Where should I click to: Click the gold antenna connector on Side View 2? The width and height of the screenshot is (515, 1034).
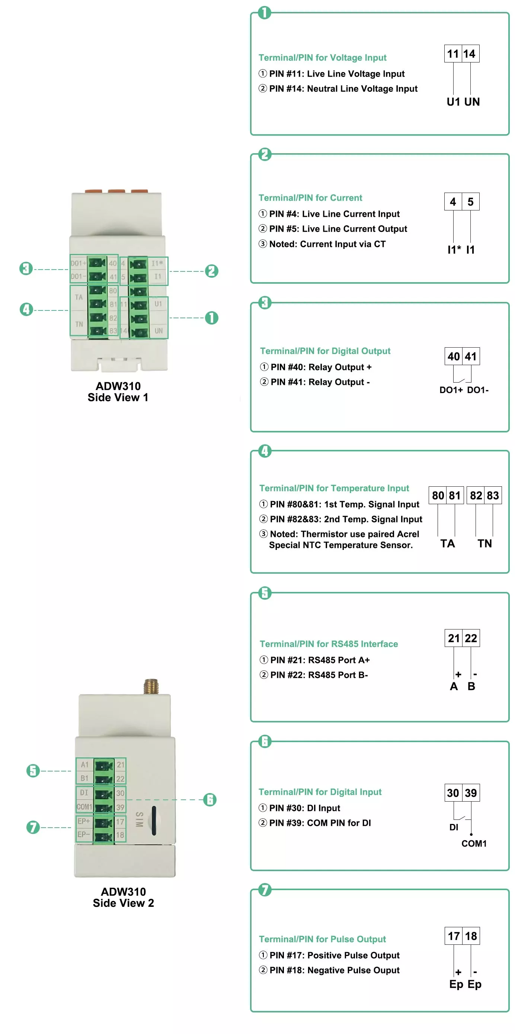coord(151,686)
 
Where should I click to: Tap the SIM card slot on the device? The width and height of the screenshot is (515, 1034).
coord(154,821)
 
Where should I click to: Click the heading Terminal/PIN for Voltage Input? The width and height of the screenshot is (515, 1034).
coord(322,58)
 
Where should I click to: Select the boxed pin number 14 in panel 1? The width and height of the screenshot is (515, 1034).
coord(470,54)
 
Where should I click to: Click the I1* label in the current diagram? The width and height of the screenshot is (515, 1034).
coord(454,249)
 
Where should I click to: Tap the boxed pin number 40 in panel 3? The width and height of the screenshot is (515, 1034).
coord(454,357)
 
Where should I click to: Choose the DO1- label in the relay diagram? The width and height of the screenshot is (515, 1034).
coord(478,390)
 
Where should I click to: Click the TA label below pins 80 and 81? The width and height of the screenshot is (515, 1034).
coord(447,544)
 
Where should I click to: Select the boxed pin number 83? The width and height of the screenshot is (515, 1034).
coord(493,496)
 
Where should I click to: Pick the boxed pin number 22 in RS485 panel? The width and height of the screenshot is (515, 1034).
coord(471,638)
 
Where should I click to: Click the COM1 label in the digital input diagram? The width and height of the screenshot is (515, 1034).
coord(474,844)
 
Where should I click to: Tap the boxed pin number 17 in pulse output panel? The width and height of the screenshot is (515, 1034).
coord(454,937)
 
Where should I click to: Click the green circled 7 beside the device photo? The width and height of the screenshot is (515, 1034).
coord(33,827)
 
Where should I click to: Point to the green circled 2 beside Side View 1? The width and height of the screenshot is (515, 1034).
coord(212,271)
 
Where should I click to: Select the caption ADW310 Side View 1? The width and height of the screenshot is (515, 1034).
coord(118,392)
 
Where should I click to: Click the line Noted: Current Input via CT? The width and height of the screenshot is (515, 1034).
coord(327,244)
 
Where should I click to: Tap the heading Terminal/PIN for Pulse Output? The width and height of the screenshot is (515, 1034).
coord(322,939)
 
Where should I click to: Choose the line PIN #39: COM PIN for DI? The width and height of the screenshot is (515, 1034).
coord(320,823)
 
